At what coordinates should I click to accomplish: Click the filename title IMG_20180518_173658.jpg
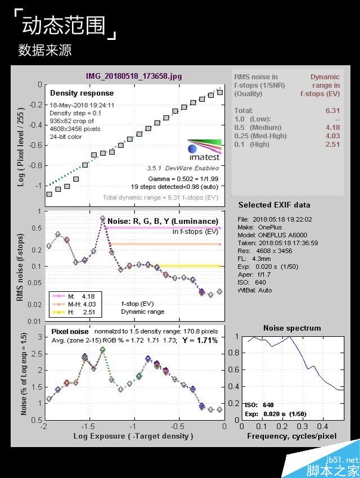point(134,76)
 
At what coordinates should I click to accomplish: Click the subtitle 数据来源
point(44,50)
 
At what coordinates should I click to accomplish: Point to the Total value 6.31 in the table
point(332,111)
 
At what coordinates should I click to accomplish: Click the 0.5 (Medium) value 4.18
point(332,128)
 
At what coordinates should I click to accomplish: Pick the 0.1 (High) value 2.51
point(332,145)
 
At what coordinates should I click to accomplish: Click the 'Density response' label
point(82,93)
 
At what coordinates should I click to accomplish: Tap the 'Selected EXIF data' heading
point(274,205)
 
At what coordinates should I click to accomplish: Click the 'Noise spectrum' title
point(292,328)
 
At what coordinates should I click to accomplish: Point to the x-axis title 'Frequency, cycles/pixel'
point(291,436)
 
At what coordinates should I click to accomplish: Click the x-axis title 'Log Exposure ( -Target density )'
point(133,436)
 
